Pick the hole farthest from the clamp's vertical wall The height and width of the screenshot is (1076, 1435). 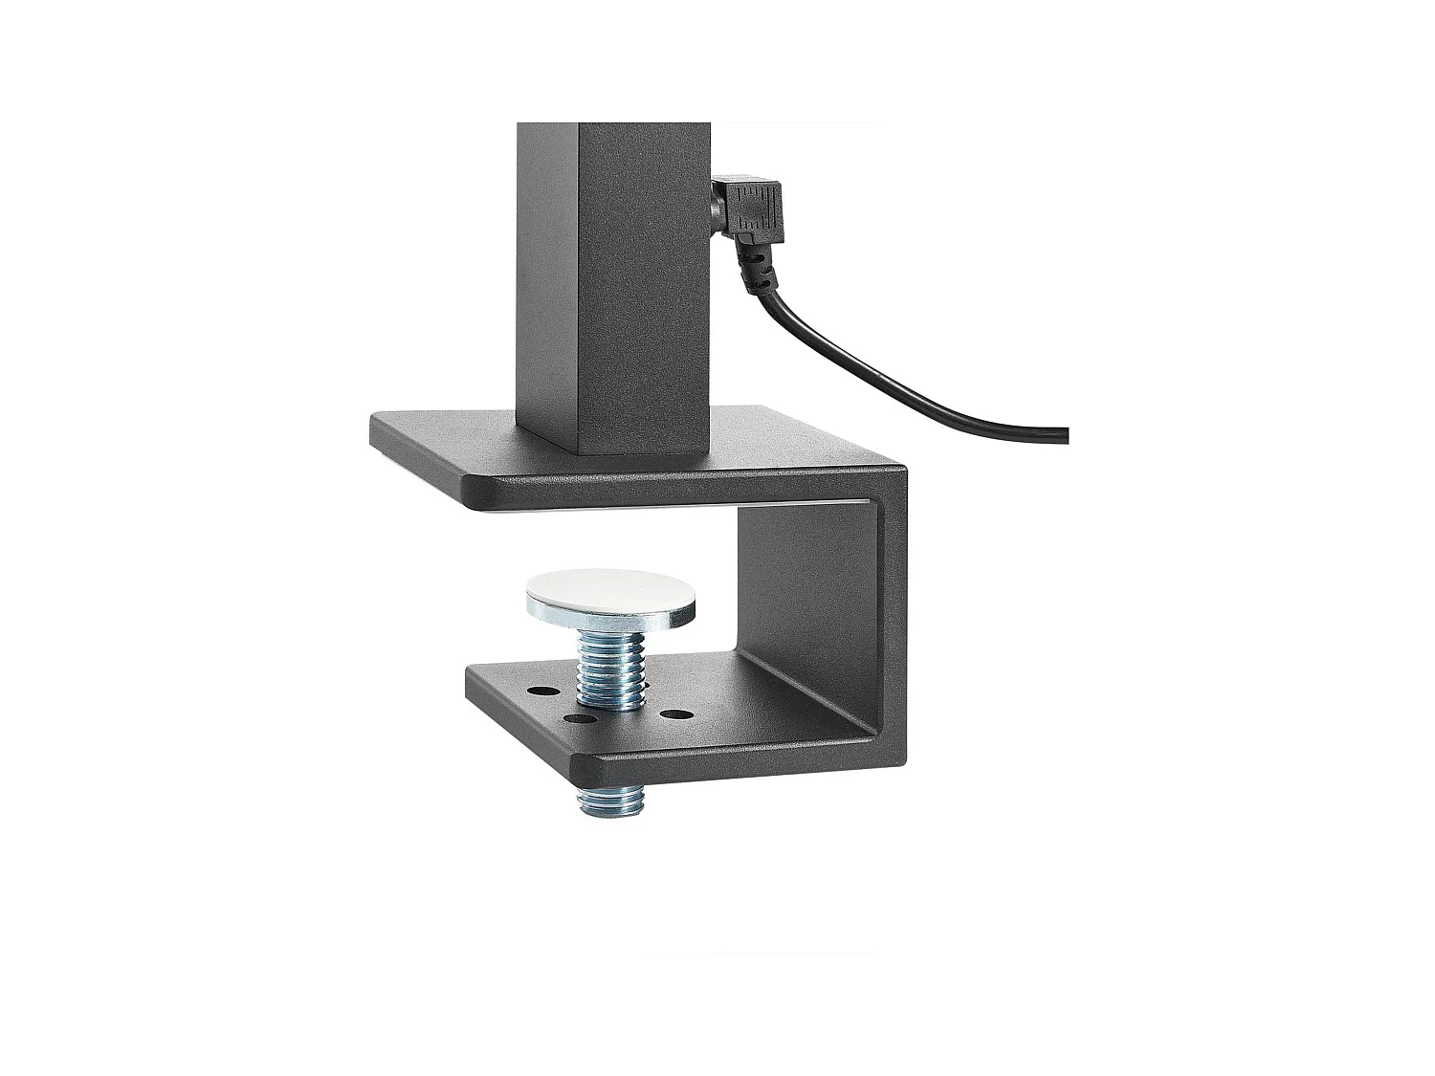click(541, 691)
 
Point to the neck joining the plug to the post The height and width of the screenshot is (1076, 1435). click(714, 203)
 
